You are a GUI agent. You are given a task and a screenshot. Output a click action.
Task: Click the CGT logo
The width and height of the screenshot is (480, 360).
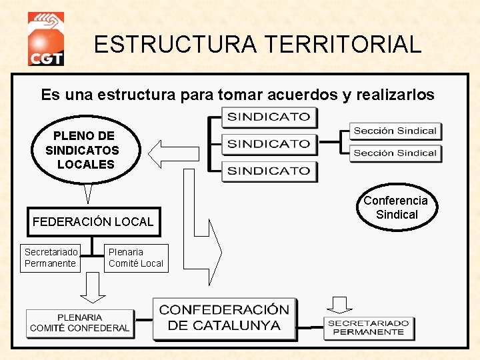46,40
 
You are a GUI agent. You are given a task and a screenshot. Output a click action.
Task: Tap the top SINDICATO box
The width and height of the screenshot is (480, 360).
269,117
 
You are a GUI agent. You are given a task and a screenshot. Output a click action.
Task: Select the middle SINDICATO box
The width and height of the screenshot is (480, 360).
269,144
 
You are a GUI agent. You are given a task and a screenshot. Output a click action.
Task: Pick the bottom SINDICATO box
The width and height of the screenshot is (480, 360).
269,171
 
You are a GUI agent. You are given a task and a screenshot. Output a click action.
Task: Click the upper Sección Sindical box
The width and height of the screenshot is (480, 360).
395,131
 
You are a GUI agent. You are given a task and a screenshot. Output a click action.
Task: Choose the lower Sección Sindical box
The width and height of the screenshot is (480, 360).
395,153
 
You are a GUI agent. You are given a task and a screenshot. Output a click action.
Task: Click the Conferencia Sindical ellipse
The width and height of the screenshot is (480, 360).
396,207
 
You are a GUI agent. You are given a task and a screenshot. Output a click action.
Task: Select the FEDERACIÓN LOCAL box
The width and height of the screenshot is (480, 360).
93,222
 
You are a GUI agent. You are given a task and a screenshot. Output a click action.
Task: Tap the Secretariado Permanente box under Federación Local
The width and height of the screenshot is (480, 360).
51,258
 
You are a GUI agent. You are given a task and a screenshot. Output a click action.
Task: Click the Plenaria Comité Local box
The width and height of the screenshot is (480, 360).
136,258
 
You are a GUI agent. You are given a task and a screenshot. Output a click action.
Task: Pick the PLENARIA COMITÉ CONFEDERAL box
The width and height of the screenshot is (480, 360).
79,323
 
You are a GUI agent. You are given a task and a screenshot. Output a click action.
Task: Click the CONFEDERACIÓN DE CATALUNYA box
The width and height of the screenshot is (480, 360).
224,318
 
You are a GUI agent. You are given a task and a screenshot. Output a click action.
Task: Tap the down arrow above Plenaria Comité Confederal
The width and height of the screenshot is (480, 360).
93,287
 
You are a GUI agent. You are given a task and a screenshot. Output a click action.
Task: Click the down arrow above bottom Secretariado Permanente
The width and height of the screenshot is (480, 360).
341,304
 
